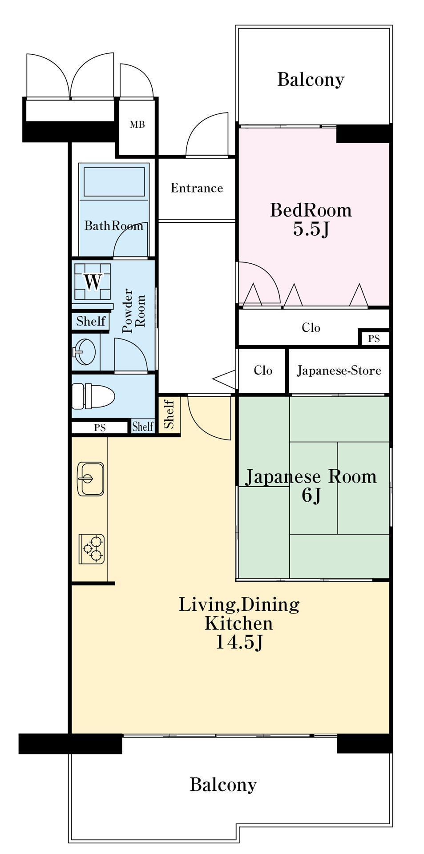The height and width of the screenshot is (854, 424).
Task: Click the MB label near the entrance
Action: (x=137, y=125)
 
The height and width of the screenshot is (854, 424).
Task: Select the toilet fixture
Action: (x=93, y=396)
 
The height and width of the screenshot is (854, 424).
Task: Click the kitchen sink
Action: (x=91, y=479)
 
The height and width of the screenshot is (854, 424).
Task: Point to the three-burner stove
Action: (x=92, y=549)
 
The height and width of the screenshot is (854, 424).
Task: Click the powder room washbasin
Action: (x=84, y=351)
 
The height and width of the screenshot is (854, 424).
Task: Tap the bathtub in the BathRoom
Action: (x=114, y=181)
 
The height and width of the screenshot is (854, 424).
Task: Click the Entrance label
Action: (x=197, y=188)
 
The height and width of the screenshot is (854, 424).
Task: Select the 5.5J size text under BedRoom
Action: (x=311, y=229)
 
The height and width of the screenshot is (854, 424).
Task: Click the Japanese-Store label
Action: (x=339, y=371)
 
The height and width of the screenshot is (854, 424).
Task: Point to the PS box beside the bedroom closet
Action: (x=374, y=338)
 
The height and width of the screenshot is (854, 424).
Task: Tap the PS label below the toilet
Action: (x=100, y=427)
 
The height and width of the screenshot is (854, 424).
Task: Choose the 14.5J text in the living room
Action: (x=239, y=642)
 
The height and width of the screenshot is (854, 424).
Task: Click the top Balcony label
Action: (x=311, y=80)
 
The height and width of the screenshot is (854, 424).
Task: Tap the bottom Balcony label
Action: (x=223, y=784)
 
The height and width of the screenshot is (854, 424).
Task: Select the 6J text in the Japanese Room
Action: (x=311, y=495)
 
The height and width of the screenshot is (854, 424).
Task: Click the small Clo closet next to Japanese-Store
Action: (x=262, y=371)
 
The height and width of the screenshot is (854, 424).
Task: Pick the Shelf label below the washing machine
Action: (x=91, y=321)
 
